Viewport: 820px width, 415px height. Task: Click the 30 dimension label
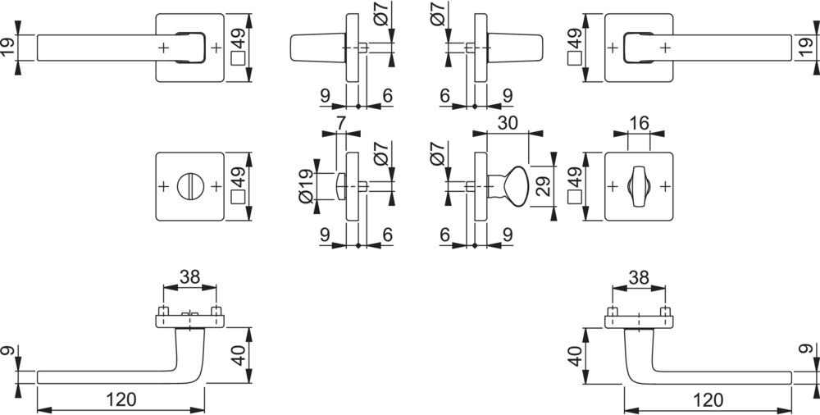(508, 123)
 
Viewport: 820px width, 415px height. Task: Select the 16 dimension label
(639, 123)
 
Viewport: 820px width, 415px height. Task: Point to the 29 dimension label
(544, 186)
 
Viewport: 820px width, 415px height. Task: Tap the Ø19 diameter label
(307, 186)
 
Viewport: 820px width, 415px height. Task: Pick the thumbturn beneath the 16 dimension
(639, 186)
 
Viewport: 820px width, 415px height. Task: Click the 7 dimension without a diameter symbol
(340, 123)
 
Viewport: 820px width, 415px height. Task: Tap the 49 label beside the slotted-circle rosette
(239, 177)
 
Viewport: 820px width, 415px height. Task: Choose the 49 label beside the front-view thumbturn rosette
(575, 177)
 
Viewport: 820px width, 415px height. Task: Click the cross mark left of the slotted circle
(163, 186)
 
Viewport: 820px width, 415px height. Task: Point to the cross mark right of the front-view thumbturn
(665, 186)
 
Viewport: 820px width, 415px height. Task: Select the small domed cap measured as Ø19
(340, 186)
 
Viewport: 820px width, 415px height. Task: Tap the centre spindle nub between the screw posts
(189, 314)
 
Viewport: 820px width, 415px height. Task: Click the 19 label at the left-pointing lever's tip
(8, 48)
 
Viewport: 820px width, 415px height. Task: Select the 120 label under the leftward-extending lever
(121, 399)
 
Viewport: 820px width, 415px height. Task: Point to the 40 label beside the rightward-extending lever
(575, 356)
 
